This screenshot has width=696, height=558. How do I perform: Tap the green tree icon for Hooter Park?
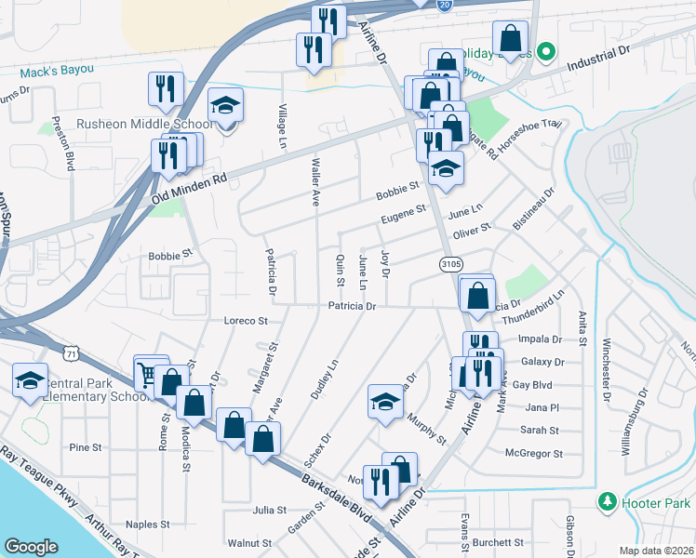tap(608, 502)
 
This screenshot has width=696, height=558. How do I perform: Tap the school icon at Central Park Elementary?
tap(30, 379)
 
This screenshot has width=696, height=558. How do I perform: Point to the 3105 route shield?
tap(451, 265)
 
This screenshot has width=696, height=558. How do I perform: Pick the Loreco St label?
tap(246, 321)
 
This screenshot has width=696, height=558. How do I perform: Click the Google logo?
tap(31, 546)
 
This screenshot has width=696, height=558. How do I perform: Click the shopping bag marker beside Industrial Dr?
tap(510, 39)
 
